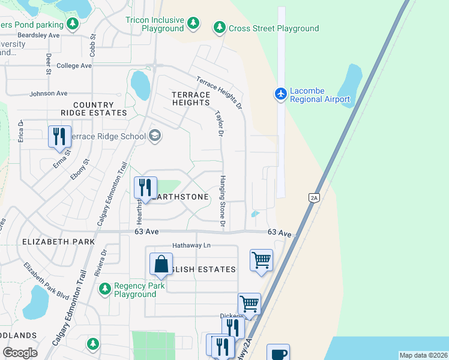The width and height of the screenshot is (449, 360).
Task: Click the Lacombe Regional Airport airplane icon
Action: [280, 94]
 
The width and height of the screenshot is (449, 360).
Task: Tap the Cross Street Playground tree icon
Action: [220, 28]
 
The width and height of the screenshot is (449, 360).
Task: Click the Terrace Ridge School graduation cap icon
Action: [155, 136]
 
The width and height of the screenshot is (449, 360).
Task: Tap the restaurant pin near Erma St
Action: [59, 136]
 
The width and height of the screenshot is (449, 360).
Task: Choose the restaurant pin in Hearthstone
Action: [145, 187]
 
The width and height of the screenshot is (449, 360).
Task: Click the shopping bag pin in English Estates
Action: [161, 264]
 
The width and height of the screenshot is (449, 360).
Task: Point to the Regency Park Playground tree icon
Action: [105, 290]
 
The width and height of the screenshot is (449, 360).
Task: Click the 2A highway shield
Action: [313, 198]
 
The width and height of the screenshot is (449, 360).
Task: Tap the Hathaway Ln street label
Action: [191, 245]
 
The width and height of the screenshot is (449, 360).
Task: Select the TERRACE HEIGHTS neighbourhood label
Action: [191, 99]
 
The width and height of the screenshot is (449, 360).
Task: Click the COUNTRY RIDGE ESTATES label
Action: [93, 109]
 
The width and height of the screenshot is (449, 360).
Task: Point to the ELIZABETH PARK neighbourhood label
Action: [58, 241]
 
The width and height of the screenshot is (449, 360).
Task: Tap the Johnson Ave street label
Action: [49, 94]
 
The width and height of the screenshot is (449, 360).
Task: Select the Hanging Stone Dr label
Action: [222, 200]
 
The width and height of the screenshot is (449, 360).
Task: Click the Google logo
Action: [20, 352]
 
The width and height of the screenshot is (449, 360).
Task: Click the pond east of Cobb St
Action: [140, 85]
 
